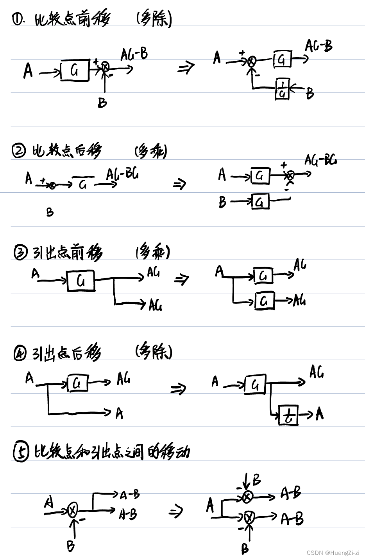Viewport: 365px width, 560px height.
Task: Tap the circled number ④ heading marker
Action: click(19, 354)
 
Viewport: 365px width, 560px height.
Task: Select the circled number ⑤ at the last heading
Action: click(21, 453)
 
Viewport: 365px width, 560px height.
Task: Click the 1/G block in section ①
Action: click(282, 89)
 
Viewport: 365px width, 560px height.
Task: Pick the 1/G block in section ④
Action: click(288, 415)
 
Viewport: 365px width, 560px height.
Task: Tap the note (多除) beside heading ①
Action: click(154, 19)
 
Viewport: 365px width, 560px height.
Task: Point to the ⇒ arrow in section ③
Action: click(182, 279)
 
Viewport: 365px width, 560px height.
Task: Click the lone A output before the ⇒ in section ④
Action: click(119, 413)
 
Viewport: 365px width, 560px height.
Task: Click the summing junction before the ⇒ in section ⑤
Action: click(73, 510)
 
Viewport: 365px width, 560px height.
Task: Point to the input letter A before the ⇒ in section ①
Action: click(28, 71)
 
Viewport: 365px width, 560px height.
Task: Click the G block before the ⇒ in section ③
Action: click(81, 281)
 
